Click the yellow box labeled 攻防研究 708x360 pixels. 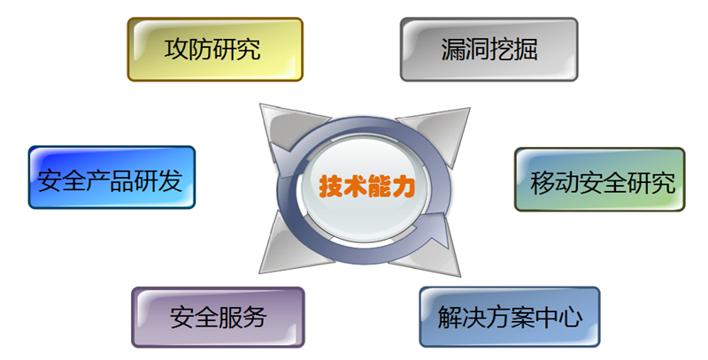point(215,50)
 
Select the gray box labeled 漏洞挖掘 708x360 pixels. point(489,50)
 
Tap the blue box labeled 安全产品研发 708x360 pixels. point(112,177)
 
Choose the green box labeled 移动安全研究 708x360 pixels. point(600,180)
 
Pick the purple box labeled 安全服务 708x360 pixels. point(218,318)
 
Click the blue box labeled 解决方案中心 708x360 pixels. point(510,317)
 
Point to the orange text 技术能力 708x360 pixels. point(366,186)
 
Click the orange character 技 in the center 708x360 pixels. point(331,186)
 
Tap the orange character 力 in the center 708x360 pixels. point(404,186)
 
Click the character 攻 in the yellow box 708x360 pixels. point(176,49)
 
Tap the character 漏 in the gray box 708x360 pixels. point(453,49)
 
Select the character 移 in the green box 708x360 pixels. point(543,182)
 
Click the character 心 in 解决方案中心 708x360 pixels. point(570,317)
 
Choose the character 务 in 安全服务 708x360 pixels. point(254,318)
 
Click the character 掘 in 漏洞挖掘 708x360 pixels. point(526,49)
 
